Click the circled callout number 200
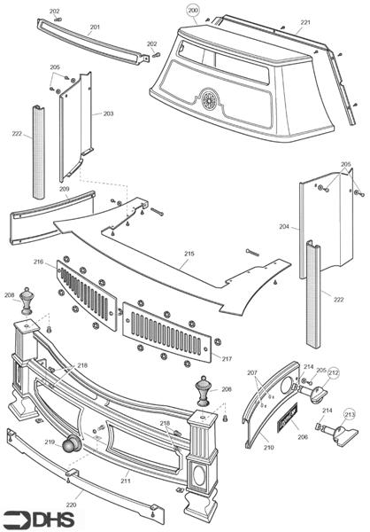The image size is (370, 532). (x=193, y=11)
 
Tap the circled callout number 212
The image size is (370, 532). (x=334, y=373)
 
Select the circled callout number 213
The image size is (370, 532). (x=350, y=414)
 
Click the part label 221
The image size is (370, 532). (x=305, y=22)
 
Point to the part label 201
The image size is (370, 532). (x=95, y=27)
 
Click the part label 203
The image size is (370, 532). (x=108, y=113)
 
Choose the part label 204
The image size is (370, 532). (x=284, y=226)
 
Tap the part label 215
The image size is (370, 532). (x=189, y=254)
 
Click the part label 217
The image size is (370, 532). (x=227, y=358)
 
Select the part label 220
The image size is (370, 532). (x=71, y=505)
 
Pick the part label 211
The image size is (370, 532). (x=126, y=481)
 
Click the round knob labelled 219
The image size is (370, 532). (x=72, y=442)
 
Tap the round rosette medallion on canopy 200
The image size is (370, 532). (x=209, y=98)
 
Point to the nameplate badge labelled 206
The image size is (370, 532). (x=288, y=417)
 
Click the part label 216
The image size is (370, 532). (x=39, y=262)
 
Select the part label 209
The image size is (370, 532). (x=64, y=189)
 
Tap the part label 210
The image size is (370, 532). (x=269, y=448)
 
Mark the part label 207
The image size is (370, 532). (x=252, y=372)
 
